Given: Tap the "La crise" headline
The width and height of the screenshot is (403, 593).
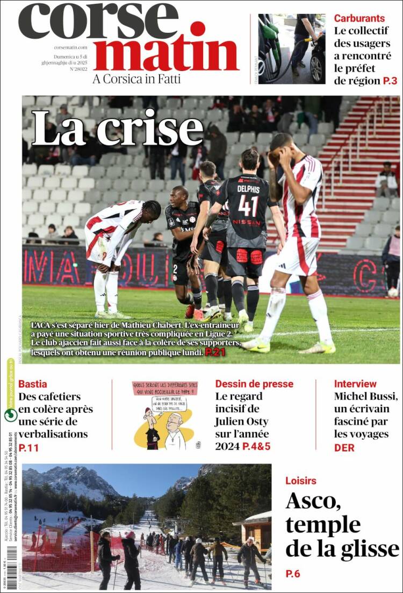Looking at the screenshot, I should pos(117,129).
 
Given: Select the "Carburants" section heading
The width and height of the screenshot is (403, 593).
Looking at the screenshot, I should pos(359,18).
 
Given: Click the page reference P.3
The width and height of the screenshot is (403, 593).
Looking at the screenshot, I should pos(390,81).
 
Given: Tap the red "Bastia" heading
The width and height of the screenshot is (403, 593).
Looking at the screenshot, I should pos(32,384).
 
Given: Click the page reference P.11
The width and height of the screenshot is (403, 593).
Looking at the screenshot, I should pos(29,447).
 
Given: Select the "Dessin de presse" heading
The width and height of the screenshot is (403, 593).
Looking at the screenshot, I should pos(254,384).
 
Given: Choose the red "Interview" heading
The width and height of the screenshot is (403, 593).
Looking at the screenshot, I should pos(355,384).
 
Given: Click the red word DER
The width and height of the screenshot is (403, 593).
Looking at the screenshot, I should pos(344,447).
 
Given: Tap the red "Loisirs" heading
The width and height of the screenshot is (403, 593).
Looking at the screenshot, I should pos(301,481).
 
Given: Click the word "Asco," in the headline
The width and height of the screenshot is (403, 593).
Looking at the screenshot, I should pos(313,501).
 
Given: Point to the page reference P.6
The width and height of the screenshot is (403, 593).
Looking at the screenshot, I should pos(293,574).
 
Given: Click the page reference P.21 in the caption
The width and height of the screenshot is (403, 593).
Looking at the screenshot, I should pos(215,352).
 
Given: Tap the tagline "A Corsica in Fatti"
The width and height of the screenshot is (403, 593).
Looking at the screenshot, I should pos(136,79).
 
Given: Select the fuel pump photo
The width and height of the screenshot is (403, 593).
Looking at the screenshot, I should pos(291,48).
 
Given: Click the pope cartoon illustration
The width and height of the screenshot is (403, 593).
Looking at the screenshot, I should pos(165,415).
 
